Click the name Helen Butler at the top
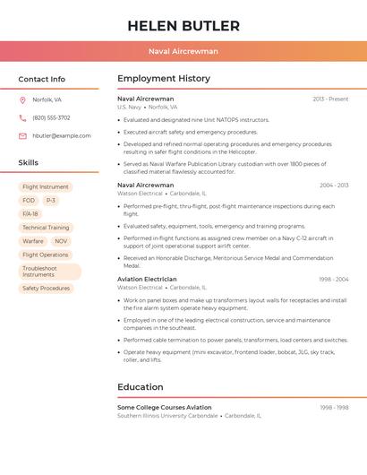[183, 25]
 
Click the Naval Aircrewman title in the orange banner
[183, 52]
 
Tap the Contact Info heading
[41, 79]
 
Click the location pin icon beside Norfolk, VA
[22, 100]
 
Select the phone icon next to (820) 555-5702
[22, 118]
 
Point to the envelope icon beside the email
[22, 136]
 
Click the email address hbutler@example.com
[62, 136]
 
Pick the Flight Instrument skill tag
[46, 187]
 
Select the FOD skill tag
[29, 201]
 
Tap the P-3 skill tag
[51, 201]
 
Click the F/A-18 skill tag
[30, 214]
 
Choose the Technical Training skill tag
[46, 228]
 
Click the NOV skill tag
[61, 241]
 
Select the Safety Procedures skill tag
[46, 289]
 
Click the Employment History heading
[164, 79]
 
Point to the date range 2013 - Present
[330, 99]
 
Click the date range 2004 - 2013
[333, 186]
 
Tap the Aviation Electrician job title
[147, 280]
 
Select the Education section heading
[141, 387]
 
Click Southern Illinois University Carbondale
[167, 416]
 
